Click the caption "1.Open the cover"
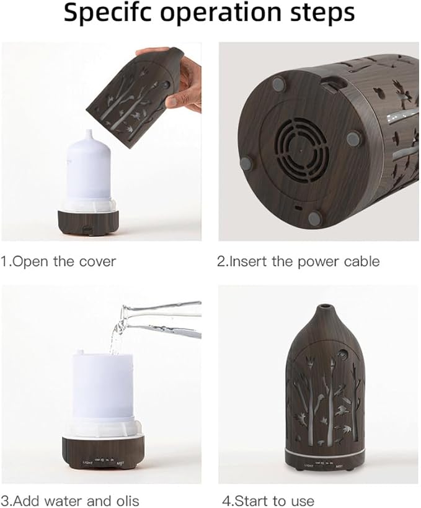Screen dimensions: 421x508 (58, 261)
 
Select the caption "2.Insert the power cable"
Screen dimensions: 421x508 (298, 261)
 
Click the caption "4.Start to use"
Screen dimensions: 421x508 (268, 501)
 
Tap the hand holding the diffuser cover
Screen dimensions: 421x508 (178, 78)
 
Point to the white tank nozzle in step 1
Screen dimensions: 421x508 (88, 135)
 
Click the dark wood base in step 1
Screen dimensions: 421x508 (88, 223)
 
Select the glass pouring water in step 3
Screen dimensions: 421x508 (162, 320)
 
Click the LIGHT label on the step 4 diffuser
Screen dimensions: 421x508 (309, 466)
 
